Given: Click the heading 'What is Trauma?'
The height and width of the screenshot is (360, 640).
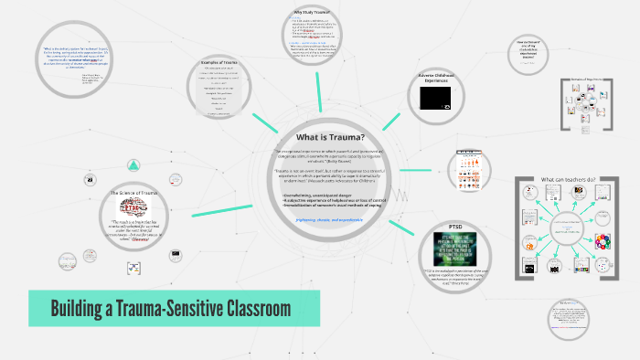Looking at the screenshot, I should point(318,135).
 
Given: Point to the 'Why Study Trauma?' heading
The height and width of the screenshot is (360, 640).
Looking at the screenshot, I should point(310,11).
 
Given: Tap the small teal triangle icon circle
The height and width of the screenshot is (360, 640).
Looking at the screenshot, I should point(134,165).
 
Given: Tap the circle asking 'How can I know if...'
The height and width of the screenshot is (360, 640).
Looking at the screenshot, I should point(538,50).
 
